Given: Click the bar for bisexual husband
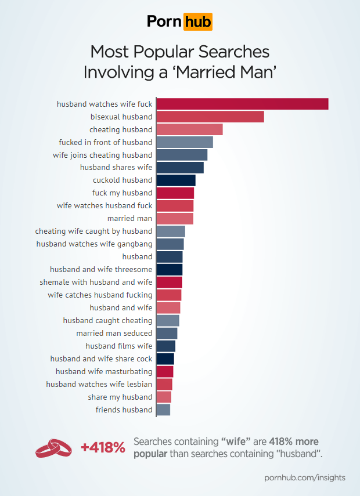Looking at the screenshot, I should [x=210, y=117].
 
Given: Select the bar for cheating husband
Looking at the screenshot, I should [x=189, y=129].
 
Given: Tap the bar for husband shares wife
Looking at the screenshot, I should [x=180, y=168].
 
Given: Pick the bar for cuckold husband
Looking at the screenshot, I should [x=176, y=180].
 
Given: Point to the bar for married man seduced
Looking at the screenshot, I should [x=167, y=334].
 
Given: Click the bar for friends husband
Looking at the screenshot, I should [x=163, y=410].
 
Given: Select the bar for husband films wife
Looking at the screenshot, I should [x=165, y=346].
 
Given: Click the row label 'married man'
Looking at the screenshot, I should [x=129, y=219].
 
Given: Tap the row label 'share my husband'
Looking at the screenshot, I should [x=120, y=397].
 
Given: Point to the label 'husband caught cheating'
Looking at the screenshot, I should [x=107, y=321].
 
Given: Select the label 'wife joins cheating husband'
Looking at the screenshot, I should [x=102, y=155].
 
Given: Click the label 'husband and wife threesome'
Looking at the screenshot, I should [x=101, y=270].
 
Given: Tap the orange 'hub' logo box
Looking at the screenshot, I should [x=197, y=22].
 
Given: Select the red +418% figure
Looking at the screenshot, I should [x=103, y=447].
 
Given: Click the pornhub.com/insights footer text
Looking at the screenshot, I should [x=304, y=477].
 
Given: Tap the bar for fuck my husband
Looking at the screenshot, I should [x=175, y=193].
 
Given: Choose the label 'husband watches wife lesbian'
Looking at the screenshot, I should [x=99, y=385].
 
